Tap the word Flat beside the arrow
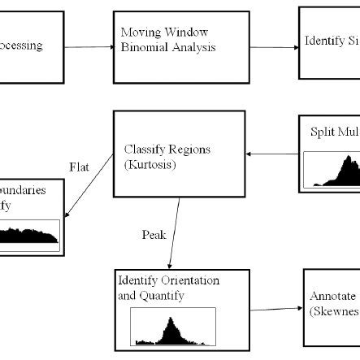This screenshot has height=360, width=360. [78, 168]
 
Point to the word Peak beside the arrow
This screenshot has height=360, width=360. [154, 235]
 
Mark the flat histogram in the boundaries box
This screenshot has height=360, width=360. [29, 235]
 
